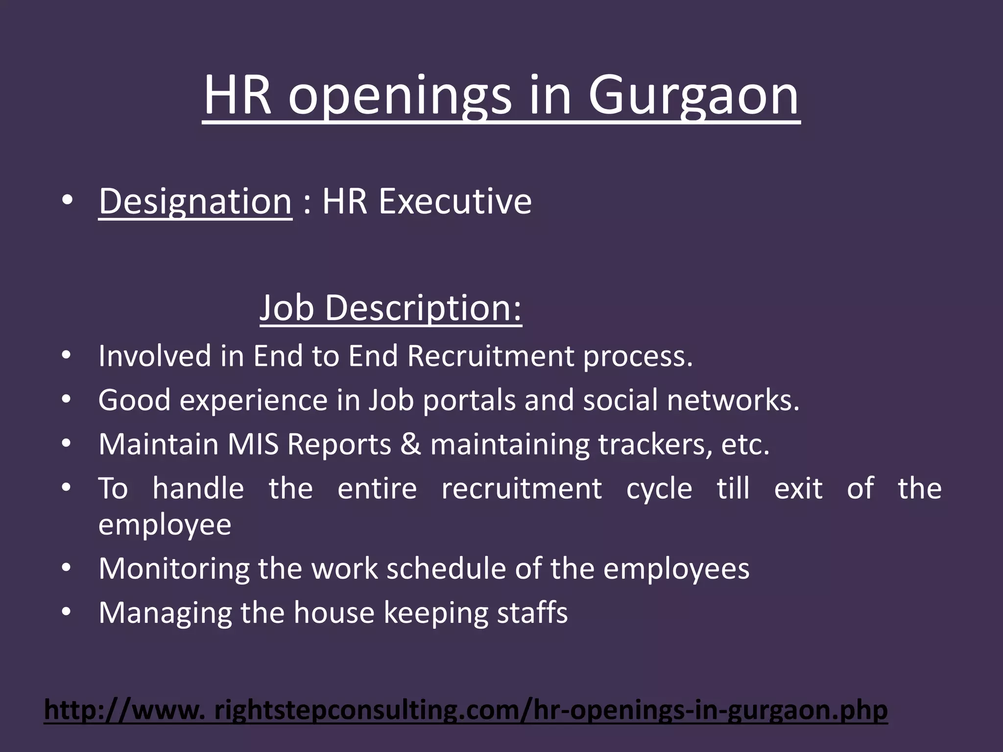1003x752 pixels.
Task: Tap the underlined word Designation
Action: tap(195, 201)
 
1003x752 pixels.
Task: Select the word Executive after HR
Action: tap(455, 201)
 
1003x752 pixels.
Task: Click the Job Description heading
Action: tap(390, 308)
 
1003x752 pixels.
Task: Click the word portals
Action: tap(469, 400)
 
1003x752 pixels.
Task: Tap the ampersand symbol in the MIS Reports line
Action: tap(410, 445)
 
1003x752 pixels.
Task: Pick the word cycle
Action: tap(659, 489)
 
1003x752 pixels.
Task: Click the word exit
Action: tap(798, 489)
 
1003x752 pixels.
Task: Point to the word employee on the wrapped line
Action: tap(165, 525)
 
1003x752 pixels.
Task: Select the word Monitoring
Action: tap(174, 569)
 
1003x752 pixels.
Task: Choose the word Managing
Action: tap(165, 613)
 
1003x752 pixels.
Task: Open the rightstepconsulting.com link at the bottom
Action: tap(465, 710)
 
